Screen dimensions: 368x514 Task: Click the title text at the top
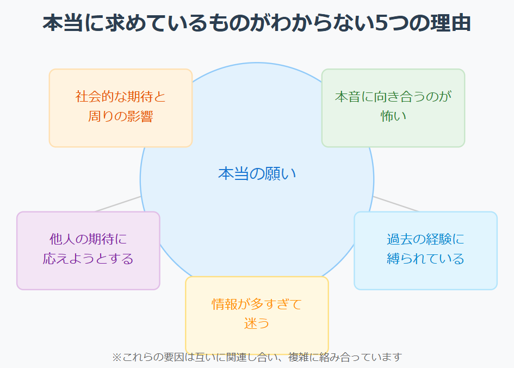[x=257, y=24]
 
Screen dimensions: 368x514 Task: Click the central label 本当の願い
[x=257, y=173]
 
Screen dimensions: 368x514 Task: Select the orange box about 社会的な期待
[x=121, y=108]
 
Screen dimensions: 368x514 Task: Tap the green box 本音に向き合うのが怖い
[x=393, y=108]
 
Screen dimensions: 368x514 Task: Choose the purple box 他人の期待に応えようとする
[x=88, y=250]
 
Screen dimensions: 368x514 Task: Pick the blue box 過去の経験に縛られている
[x=425, y=250]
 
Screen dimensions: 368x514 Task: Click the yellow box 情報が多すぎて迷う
[x=257, y=315]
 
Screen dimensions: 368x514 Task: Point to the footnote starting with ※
[x=257, y=357]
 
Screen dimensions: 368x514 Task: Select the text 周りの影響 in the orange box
[x=121, y=116]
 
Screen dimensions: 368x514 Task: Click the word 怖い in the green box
[x=393, y=116]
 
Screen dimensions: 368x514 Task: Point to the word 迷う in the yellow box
[x=257, y=323]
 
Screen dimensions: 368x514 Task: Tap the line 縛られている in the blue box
[x=425, y=259]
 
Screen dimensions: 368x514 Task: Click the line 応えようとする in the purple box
[x=88, y=259]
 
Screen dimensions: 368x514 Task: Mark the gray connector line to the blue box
[x=396, y=204]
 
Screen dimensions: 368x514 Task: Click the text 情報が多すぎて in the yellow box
[x=257, y=304]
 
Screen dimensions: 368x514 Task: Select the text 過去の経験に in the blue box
[x=425, y=239]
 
